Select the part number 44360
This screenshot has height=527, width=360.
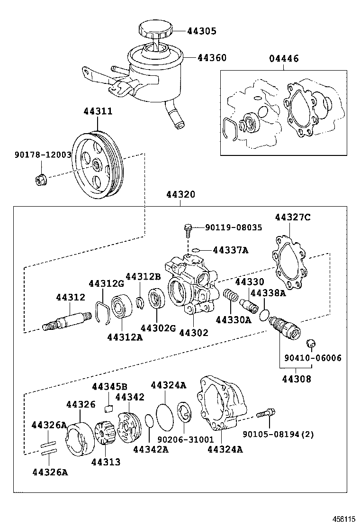212,58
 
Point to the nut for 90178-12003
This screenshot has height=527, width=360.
41,180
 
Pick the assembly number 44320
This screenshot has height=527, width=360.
180,195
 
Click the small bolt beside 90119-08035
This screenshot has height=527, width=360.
189,230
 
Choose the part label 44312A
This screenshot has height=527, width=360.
125,336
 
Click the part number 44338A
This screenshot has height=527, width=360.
268,293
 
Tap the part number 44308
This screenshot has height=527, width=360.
296,379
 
